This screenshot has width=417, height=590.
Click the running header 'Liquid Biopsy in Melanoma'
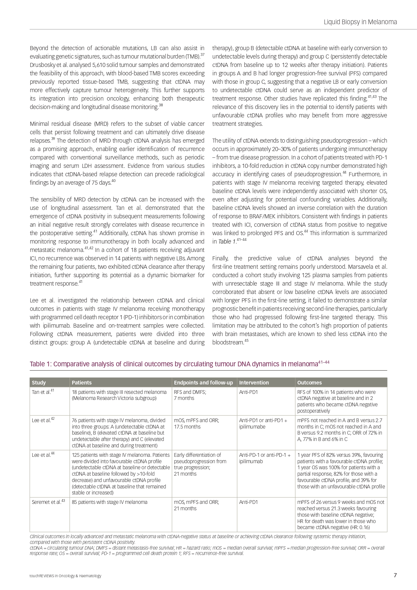coord(360,22)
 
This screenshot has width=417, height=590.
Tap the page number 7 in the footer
coord(395,575)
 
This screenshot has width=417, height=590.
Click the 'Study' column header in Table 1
coord(39,382)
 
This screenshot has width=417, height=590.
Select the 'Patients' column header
coord(82,382)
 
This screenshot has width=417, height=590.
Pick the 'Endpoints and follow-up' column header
coord(203,382)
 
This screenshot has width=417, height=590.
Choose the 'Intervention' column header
coord(254,382)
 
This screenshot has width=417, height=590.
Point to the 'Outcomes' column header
coord(309,382)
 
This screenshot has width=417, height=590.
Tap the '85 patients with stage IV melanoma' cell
coord(110,502)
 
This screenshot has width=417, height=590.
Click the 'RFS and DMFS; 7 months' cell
coord(190,395)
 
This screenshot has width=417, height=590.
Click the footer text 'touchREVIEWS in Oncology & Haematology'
coord(66,576)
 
